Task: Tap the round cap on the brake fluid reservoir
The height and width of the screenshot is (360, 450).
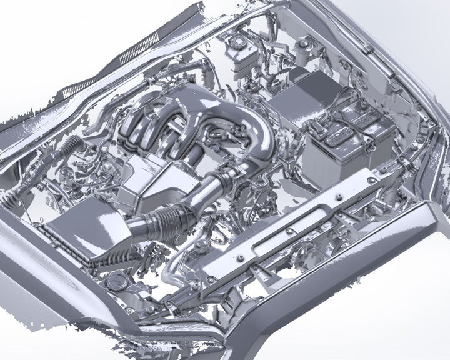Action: pos(237,41)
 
